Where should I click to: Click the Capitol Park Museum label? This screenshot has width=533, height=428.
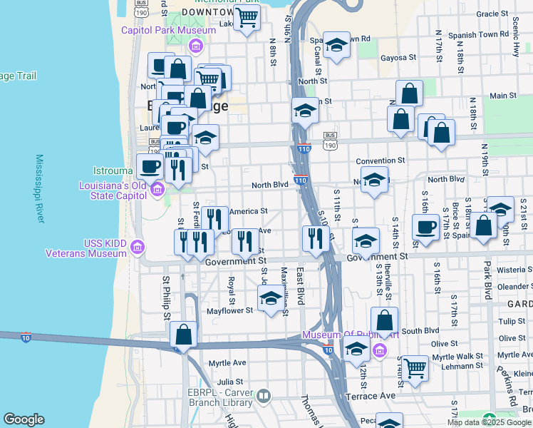(168, 30)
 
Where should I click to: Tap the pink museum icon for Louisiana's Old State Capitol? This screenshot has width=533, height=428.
(157, 188)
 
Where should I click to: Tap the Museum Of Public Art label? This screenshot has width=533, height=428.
(339, 335)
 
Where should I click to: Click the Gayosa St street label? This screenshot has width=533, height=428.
(398, 58)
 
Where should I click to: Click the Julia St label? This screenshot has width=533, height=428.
(220, 382)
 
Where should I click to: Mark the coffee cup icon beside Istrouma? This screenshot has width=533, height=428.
(150, 167)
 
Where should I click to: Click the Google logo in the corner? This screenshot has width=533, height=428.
(24, 419)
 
